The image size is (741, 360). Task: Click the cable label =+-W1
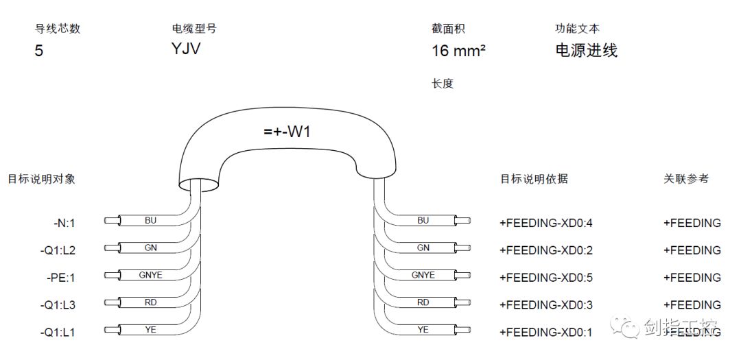pyautogui.click(x=287, y=132)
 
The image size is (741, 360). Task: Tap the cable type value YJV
pyautogui.click(x=186, y=49)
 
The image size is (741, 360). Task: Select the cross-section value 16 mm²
pyautogui.click(x=459, y=51)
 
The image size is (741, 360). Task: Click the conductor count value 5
pyautogui.click(x=39, y=51)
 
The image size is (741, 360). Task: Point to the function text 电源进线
pyautogui.click(x=586, y=50)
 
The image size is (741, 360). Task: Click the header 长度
pyautogui.click(x=443, y=84)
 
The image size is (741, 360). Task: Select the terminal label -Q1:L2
pyautogui.click(x=59, y=250)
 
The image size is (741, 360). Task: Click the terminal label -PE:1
pyautogui.click(x=61, y=278)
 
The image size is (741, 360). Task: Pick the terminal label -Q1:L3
pyautogui.click(x=59, y=305)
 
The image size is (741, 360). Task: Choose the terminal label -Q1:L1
pyautogui.click(x=59, y=333)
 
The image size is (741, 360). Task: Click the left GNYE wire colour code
pyautogui.click(x=151, y=275)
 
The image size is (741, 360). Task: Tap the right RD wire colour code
pyautogui.click(x=423, y=302)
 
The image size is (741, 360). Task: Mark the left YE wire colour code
pyautogui.click(x=151, y=330)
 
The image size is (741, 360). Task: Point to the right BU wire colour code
pyautogui.click(x=423, y=220)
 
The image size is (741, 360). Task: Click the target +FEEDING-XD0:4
pyautogui.click(x=545, y=223)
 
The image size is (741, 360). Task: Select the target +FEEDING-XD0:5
pyautogui.click(x=545, y=278)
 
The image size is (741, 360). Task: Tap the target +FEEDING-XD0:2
pyautogui.click(x=545, y=250)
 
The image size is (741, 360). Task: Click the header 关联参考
pyautogui.click(x=686, y=179)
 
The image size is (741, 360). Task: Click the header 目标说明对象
pyautogui.click(x=41, y=179)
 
